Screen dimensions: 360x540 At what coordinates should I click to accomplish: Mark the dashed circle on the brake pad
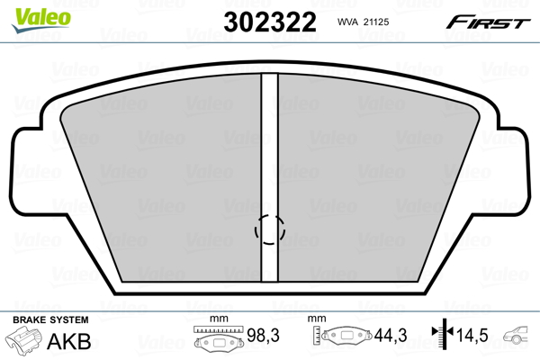point(269,230)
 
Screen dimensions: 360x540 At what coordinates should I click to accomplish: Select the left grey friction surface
point(162,180)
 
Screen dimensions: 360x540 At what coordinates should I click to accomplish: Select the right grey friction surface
point(378,180)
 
